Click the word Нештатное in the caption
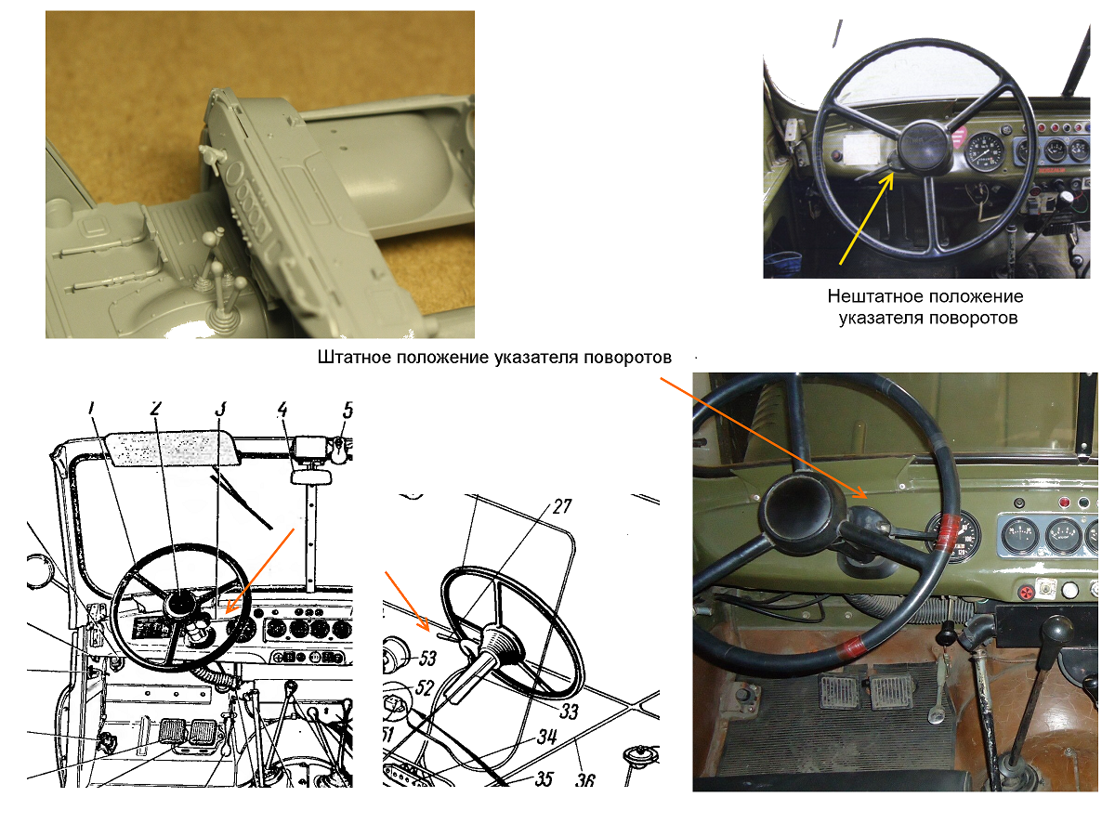[x=870, y=297]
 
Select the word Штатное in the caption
[x=353, y=358]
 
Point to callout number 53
[x=426, y=659]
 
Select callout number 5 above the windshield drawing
[x=348, y=409]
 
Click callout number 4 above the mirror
[x=282, y=409]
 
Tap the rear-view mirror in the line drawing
[x=311, y=477]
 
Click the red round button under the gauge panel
[x=1027, y=592]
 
